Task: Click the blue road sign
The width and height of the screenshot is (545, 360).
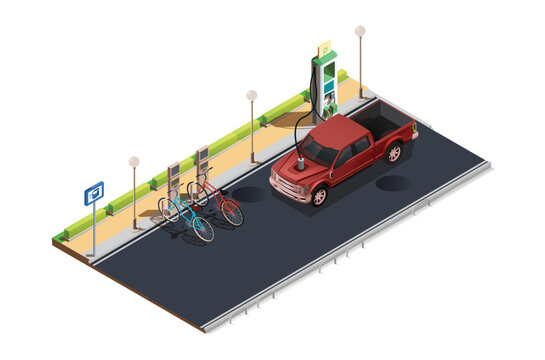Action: click(x=94, y=192)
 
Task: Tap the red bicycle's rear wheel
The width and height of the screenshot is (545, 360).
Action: click(x=197, y=192)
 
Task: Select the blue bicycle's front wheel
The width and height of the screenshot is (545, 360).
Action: click(x=203, y=229)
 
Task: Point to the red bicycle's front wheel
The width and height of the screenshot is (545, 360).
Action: click(x=232, y=212)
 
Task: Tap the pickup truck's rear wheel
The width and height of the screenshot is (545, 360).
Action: click(x=394, y=153)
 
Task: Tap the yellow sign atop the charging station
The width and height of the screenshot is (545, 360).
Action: click(x=324, y=47)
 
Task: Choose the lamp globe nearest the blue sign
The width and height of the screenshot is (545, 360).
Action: click(x=134, y=161)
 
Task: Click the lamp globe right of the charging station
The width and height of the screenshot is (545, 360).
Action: click(x=360, y=31)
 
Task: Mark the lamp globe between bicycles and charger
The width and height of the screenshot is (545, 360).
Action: click(x=252, y=95)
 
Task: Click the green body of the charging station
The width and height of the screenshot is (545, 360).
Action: click(x=324, y=85)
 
